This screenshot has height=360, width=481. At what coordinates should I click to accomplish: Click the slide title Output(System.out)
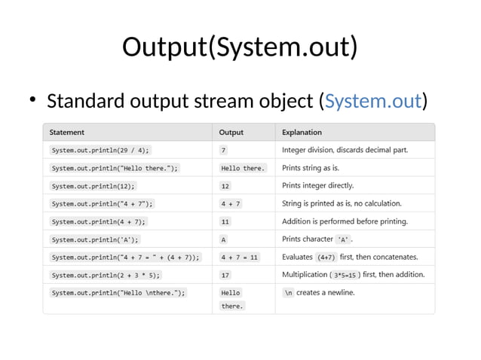pyautogui.click(x=240, y=47)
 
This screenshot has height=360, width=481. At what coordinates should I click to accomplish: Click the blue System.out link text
pyautogui.click(x=372, y=100)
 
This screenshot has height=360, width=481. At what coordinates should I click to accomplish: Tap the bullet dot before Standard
pyautogui.click(x=32, y=101)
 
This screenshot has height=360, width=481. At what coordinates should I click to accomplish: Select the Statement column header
pyautogui.click(x=67, y=133)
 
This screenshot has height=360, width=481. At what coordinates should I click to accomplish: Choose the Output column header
pyautogui.click(x=231, y=133)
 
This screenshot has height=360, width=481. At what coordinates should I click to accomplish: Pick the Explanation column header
pyautogui.click(x=302, y=133)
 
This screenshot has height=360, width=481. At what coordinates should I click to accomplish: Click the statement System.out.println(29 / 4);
pyautogui.click(x=100, y=150)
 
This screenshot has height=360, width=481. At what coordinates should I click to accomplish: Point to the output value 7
pyautogui.click(x=224, y=150)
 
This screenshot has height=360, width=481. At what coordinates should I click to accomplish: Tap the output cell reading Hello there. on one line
pyautogui.click(x=243, y=168)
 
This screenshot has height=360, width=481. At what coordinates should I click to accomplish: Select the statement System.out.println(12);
pyautogui.click(x=93, y=185)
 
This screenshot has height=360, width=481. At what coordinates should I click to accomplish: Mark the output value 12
pyautogui.click(x=225, y=185)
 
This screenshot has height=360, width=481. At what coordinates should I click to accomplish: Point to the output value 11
pyautogui.click(x=225, y=221)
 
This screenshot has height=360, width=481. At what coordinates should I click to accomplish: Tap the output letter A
pyautogui.click(x=224, y=239)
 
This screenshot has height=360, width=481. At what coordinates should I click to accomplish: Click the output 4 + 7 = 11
pyautogui.click(x=240, y=258)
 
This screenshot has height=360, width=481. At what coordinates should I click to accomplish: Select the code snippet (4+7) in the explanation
pyautogui.click(x=326, y=258)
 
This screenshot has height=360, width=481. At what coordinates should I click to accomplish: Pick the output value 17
pyautogui.click(x=225, y=276)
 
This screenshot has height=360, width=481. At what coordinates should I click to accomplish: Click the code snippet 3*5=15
pyautogui.click(x=347, y=276)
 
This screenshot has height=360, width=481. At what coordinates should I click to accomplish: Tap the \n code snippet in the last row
pyautogui.click(x=288, y=293)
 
